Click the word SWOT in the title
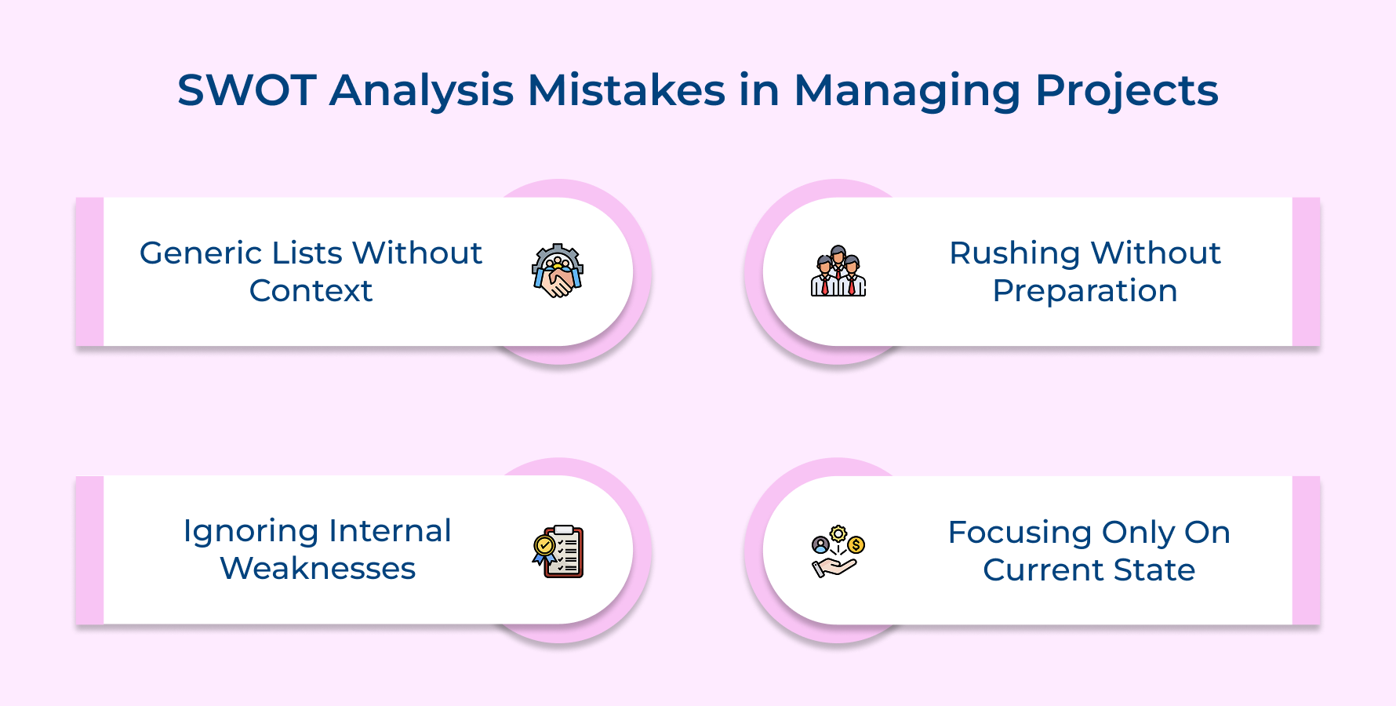click(246, 90)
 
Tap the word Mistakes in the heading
click(626, 90)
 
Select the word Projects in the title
click(1126, 92)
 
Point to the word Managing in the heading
click(907, 92)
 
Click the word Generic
click(201, 253)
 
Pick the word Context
click(311, 291)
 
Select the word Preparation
click(1085, 291)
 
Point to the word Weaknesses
click(318, 569)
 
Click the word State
click(1154, 570)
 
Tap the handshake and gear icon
click(557, 271)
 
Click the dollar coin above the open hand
click(856, 544)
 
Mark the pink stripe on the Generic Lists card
click(89, 271)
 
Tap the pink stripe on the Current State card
click(1306, 551)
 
